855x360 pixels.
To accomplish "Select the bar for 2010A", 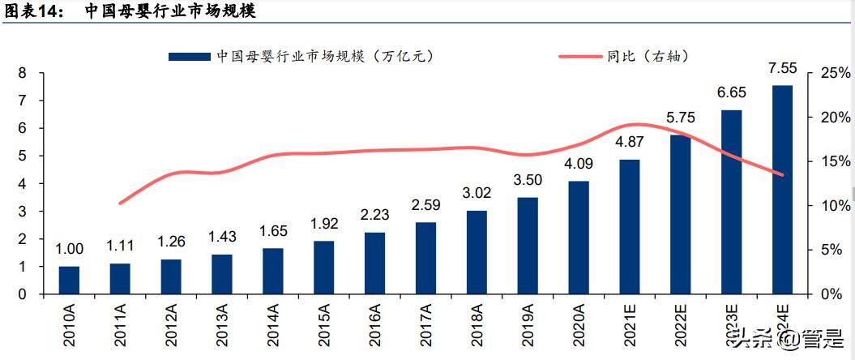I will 69,280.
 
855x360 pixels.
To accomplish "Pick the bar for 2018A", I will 477,252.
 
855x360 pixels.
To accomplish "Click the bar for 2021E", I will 629,226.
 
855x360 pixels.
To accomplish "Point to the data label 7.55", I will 782,67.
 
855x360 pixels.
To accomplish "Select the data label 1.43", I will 222,237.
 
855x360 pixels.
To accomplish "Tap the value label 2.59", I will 425,204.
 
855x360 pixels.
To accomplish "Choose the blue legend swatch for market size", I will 190,57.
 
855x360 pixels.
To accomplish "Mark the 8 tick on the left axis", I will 23,73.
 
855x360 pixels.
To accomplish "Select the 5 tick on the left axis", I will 23,156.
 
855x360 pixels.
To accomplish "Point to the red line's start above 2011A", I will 120,203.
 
